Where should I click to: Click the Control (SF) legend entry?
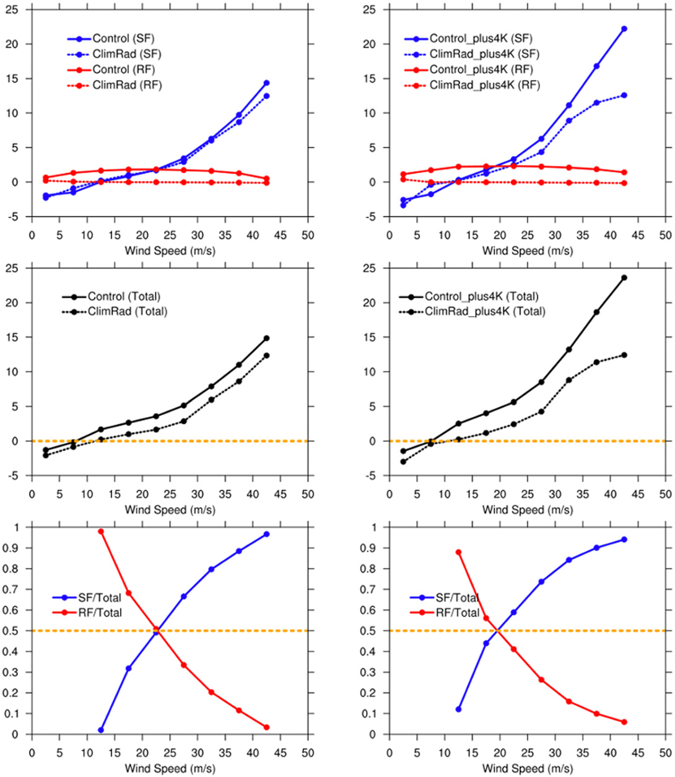(119, 39)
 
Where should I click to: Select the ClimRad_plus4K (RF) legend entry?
(484, 85)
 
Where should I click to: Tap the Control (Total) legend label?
(124, 297)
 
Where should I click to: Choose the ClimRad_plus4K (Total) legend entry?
(485, 311)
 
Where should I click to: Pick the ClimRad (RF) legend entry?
(127, 85)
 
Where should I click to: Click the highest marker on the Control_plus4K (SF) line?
(624, 29)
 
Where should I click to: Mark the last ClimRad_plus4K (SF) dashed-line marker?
(624, 95)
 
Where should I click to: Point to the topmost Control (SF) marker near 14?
(266, 83)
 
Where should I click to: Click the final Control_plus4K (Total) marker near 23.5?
(624, 278)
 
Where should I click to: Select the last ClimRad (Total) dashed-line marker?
(266, 356)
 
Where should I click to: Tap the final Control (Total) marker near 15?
(266, 338)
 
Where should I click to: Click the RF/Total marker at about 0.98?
(101, 532)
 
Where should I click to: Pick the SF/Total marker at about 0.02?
(101, 730)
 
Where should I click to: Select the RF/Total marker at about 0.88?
(458, 552)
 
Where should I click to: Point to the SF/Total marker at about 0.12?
(458, 709)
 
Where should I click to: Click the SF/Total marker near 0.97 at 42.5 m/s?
(266, 534)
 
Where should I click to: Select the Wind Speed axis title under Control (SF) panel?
(170, 252)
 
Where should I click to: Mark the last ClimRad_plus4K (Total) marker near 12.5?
(624, 355)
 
